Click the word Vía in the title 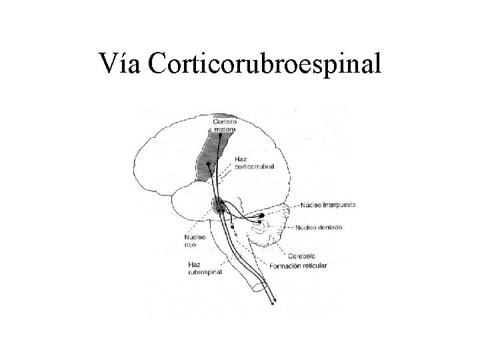[x=119, y=65]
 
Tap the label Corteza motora [x=225, y=125]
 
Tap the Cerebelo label [x=301, y=256]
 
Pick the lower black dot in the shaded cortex [x=209, y=164]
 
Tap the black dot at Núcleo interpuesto [x=262, y=216]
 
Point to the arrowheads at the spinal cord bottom [x=273, y=303]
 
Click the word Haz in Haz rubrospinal [x=193, y=264]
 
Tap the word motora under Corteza [x=225, y=129]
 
